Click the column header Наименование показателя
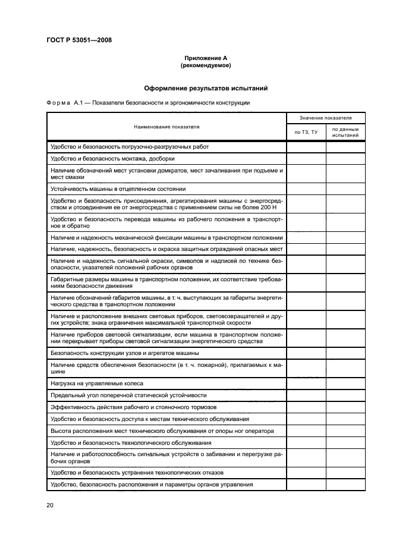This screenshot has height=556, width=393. click(166, 127)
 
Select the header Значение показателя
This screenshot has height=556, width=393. click(325, 118)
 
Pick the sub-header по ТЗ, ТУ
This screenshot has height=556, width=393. click(306, 132)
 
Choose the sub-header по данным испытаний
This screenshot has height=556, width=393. click(345, 132)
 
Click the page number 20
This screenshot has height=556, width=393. click(49, 505)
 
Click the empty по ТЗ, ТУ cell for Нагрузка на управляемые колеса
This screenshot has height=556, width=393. click(306, 383)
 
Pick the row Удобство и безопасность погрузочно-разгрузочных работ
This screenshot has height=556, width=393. click(130, 146)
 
